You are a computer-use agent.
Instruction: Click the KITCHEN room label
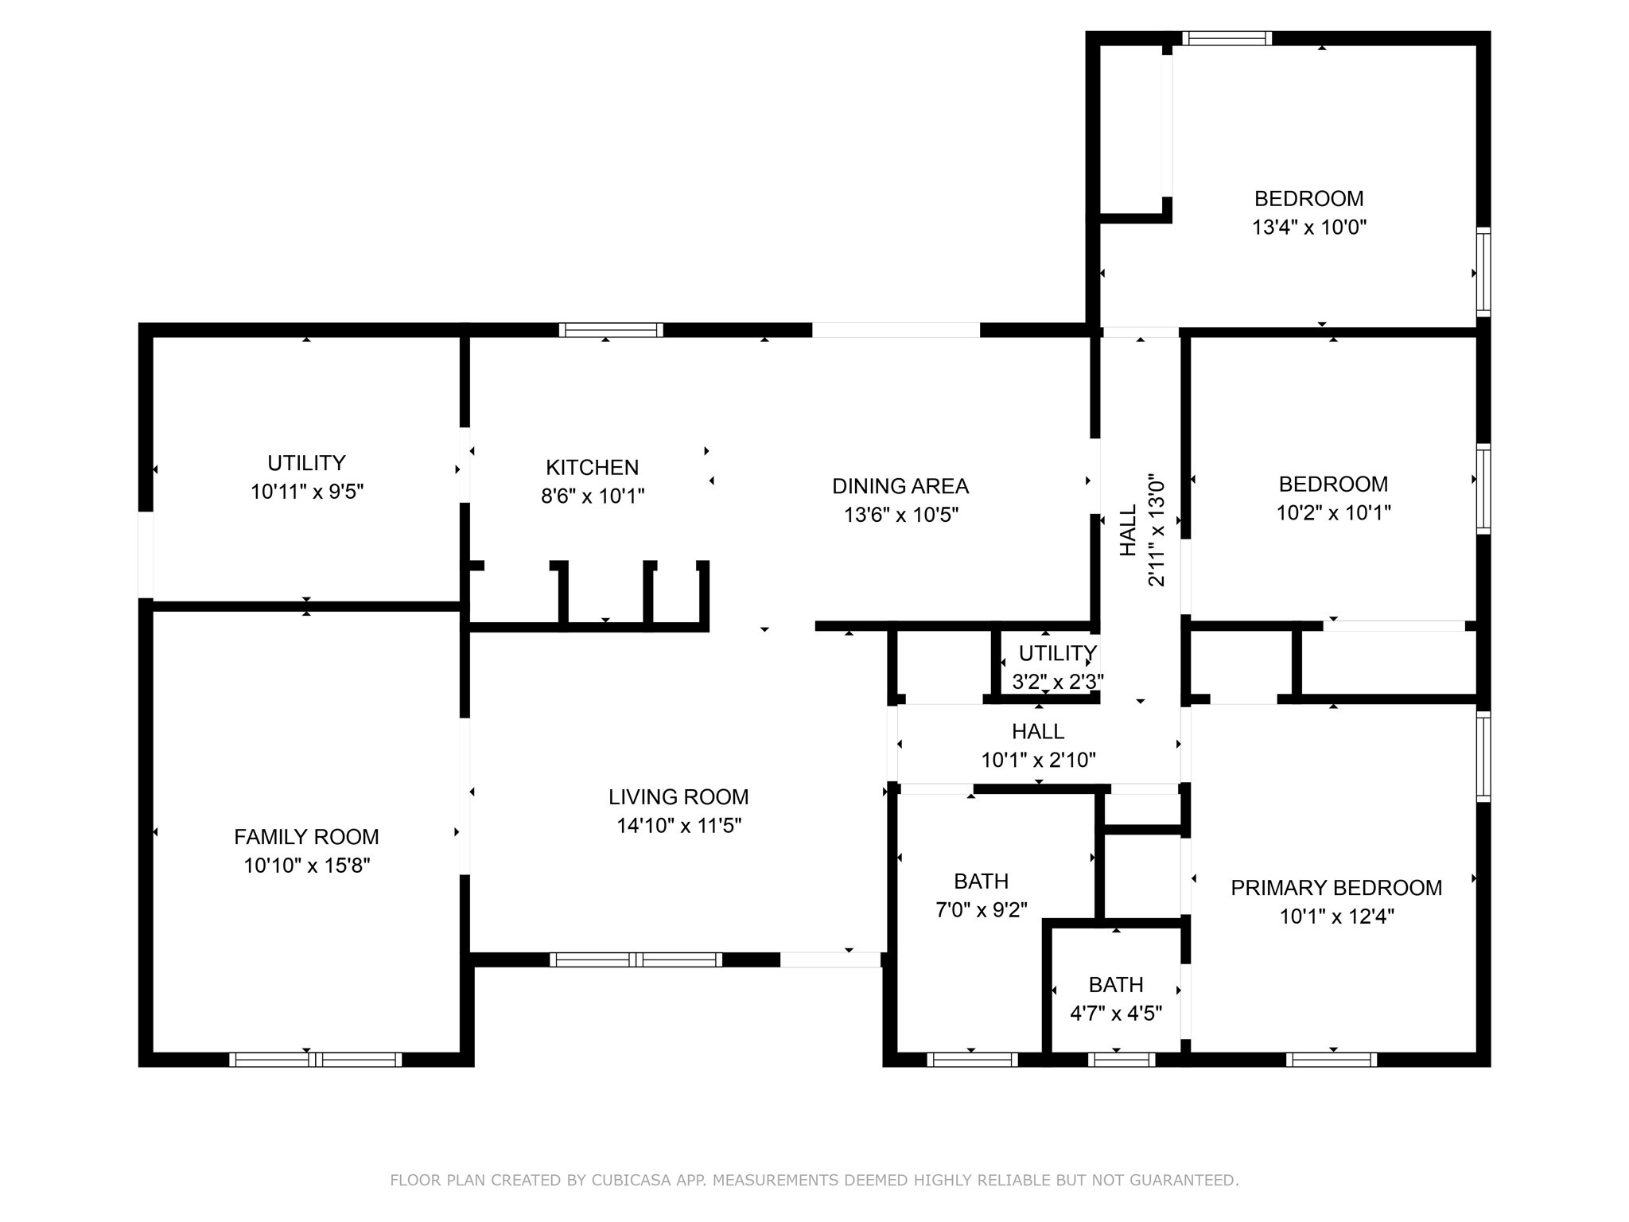click(x=592, y=467)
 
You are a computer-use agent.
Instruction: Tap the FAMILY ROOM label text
click(x=306, y=836)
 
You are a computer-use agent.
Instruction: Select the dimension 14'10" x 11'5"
click(x=678, y=826)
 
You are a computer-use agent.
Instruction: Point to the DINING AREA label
click(x=900, y=486)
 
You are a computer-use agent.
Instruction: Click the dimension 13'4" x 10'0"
click(x=1308, y=228)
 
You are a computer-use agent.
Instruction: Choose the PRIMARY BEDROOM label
click(x=1335, y=888)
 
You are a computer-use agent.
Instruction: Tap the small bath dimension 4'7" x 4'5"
click(x=1115, y=1014)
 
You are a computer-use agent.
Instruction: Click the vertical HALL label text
click(x=1129, y=531)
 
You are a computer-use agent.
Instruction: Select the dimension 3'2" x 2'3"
click(x=1057, y=682)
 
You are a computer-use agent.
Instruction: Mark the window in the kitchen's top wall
click(x=610, y=330)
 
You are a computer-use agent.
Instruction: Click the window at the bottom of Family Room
click(x=315, y=1060)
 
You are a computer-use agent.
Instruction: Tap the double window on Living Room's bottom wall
click(x=636, y=959)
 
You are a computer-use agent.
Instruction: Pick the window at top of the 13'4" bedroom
click(x=1227, y=38)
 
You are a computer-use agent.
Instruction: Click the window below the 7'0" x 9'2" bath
click(x=972, y=1060)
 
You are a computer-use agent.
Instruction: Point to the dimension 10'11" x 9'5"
click(x=306, y=492)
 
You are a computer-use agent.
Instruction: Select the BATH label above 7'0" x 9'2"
click(x=981, y=881)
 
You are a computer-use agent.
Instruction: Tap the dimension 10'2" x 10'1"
click(x=1333, y=513)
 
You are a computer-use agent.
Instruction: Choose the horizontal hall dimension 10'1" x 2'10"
click(x=1038, y=761)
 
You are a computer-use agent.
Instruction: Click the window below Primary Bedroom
click(x=1331, y=1060)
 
